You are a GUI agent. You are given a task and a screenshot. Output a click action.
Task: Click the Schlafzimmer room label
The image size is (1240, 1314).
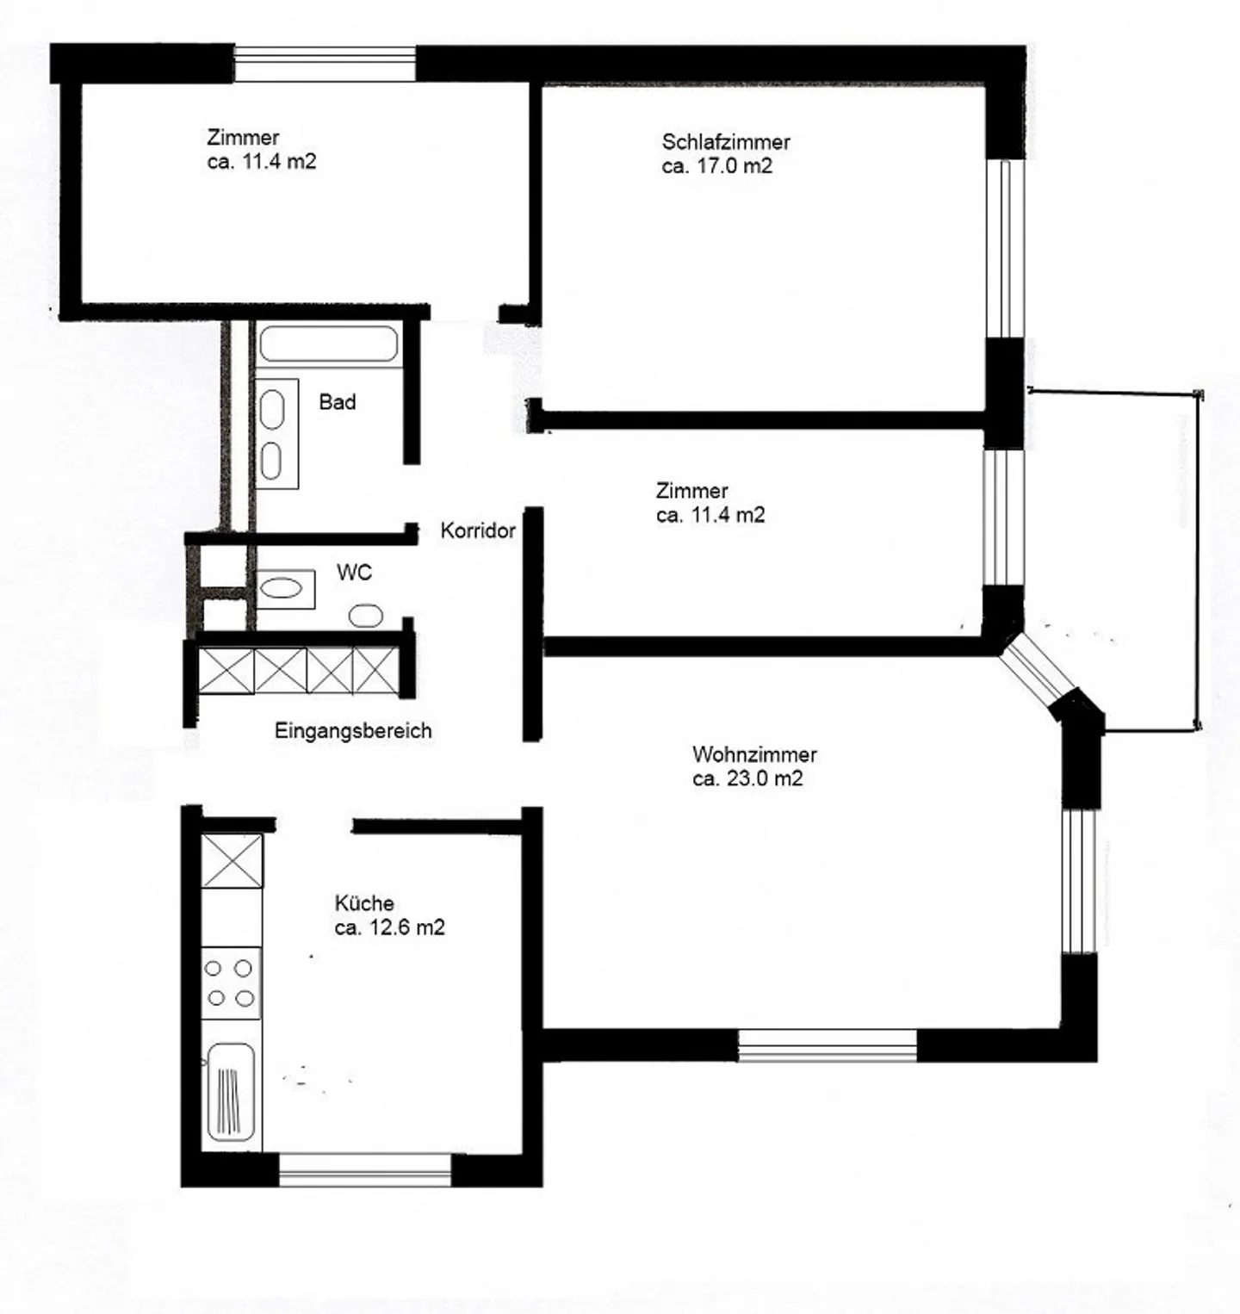pos(725,142)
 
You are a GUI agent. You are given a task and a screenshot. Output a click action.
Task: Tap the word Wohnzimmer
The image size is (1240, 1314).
pos(753,754)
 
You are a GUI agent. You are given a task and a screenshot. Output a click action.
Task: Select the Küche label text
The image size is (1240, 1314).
pos(364,903)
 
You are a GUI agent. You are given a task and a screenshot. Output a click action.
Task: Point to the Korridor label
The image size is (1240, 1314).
pos(477,530)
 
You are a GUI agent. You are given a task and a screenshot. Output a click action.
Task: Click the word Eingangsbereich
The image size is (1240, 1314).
pos(353,731)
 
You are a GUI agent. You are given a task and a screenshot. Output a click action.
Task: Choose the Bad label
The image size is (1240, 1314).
pos(337,402)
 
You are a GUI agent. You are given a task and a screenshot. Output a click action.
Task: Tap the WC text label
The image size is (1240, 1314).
pos(354,573)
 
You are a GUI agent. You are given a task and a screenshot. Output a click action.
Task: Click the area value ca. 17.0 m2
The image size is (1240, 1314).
pos(716,166)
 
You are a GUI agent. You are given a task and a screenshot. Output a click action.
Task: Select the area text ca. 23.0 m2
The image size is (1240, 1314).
pos(747,778)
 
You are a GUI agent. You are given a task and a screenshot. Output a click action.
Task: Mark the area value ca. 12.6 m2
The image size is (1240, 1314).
pos(389,927)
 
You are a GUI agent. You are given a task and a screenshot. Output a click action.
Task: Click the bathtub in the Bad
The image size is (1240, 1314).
pos(328,344)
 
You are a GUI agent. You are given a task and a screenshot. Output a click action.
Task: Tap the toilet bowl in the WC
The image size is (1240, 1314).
pos(366,616)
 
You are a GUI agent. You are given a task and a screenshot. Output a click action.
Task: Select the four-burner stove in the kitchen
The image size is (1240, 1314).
pos(231,982)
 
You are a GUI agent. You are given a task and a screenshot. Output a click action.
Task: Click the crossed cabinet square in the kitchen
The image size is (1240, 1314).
pos(232,860)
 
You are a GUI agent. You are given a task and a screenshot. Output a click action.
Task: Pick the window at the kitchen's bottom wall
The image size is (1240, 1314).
pos(365,1170)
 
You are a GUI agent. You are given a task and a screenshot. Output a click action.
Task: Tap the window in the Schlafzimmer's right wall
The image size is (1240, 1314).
pos(1004,249)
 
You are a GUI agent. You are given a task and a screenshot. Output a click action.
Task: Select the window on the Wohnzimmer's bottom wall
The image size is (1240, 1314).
pos(827,1044)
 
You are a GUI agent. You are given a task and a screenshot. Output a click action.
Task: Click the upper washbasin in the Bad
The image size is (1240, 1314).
pos(272,410)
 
